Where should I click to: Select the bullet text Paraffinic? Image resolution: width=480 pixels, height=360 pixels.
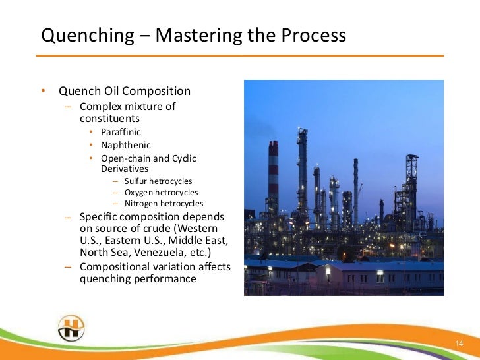(x=121, y=132)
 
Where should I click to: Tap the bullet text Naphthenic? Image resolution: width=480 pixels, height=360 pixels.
(x=125, y=145)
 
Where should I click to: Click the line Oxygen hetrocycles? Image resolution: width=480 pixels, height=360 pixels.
(x=161, y=193)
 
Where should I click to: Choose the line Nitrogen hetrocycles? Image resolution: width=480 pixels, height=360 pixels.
(x=164, y=204)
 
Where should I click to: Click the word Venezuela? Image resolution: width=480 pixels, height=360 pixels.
(x=166, y=252)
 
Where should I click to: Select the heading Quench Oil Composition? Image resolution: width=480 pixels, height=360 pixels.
(x=124, y=91)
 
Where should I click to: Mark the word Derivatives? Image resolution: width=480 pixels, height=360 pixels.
(x=125, y=169)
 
